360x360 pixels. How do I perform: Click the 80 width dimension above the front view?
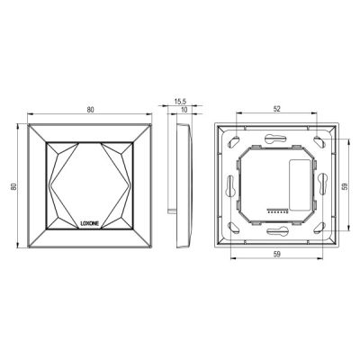coord(90,110)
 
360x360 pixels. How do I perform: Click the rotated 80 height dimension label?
coord(13,186)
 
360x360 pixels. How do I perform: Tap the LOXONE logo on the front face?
coord(90,224)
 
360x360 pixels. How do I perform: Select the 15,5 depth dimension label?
coord(181,102)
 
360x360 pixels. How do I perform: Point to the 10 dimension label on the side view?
coord(184,110)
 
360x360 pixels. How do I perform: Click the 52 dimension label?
coord(277,109)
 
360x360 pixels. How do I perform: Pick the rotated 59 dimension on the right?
coord(345,186)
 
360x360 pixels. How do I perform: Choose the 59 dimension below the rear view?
coord(277,254)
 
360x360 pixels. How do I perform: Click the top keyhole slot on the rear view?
coord(276,139)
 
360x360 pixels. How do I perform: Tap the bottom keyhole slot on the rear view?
coord(276,231)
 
